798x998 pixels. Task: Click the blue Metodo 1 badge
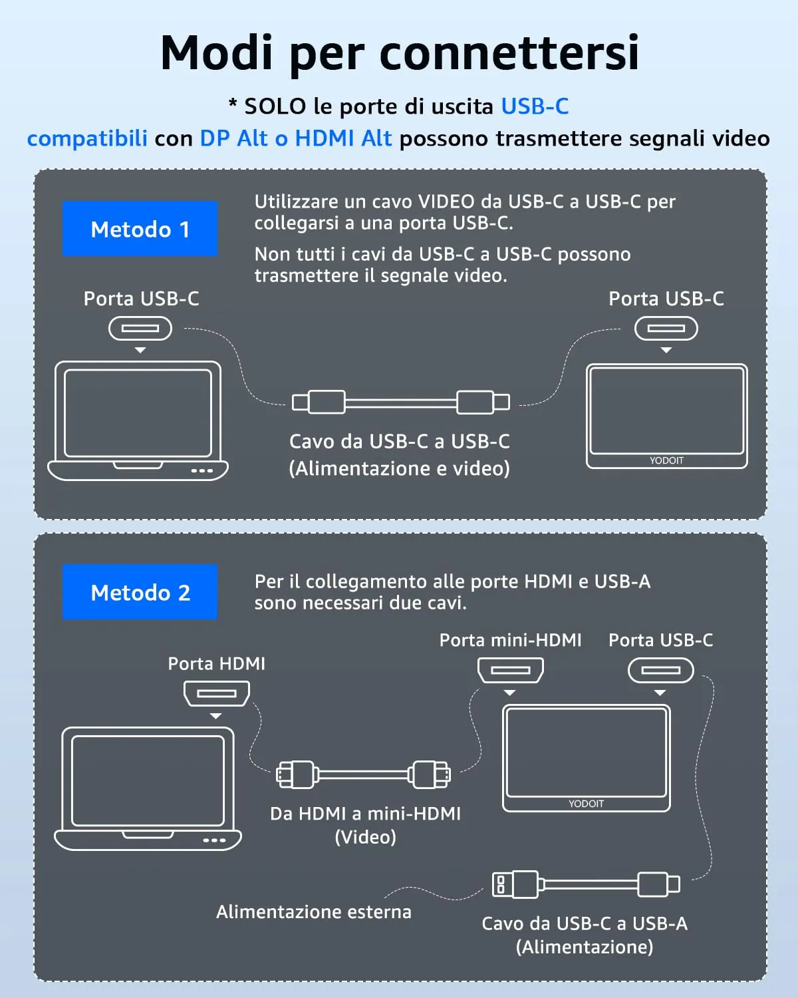(140, 229)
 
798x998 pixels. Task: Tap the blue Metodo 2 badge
(140, 592)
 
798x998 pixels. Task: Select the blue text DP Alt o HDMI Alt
(296, 138)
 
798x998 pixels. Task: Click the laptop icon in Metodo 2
(148, 788)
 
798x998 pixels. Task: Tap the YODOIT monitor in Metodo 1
(666, 416)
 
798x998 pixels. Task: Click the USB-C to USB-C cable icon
(401, 402)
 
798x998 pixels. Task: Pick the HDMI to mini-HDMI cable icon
(363, 774)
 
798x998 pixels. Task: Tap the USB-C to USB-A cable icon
(586, 884)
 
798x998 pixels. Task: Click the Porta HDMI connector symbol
(217, 693)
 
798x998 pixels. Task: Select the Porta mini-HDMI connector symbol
(511, 670)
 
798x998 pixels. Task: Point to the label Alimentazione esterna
(313, 912)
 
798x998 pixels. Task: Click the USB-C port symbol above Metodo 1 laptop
(140, 328)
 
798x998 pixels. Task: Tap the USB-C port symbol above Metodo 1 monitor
(666, 328)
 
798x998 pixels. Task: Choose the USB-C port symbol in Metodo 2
(661, 670)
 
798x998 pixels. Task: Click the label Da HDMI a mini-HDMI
(365, 814)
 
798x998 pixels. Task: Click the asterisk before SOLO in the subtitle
(233, 104)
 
